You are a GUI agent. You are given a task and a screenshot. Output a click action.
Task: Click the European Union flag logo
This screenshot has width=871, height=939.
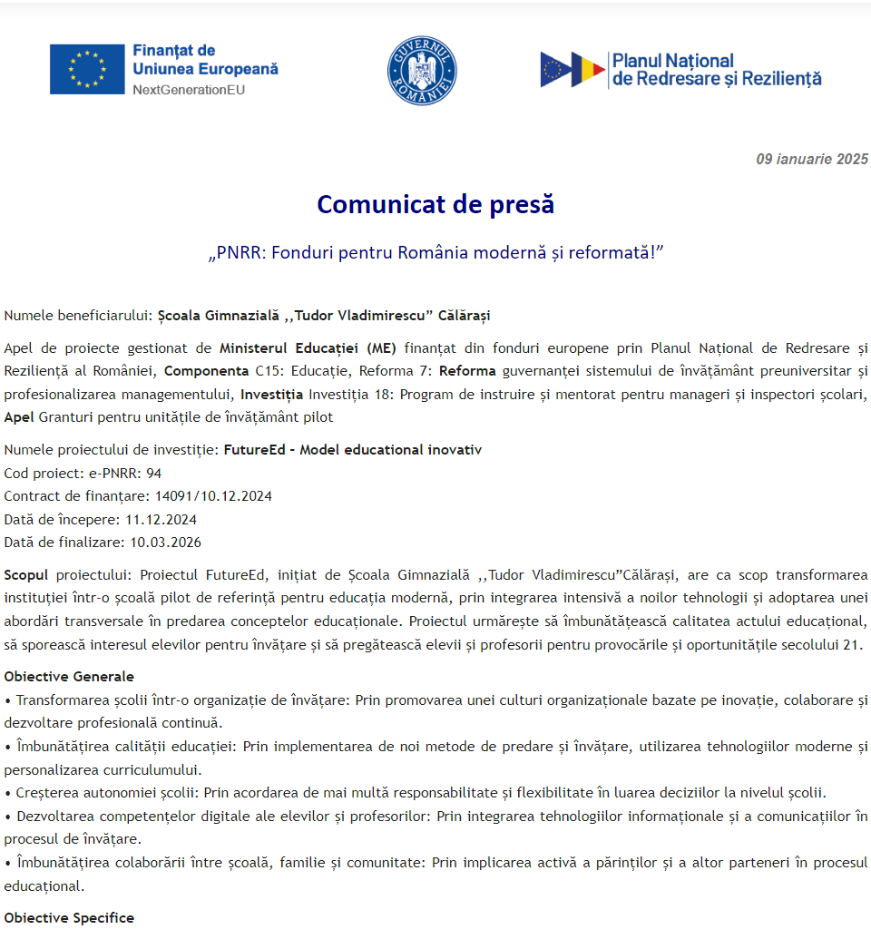(87, 69)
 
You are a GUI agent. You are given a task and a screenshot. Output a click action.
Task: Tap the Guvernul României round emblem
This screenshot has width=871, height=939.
(422, 70)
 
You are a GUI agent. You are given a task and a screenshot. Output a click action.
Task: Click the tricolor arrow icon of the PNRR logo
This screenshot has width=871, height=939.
(573, 70)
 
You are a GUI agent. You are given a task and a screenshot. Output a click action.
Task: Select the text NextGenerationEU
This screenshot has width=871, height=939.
(188, 90)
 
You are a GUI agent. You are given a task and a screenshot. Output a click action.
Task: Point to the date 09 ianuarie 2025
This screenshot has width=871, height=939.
(812, 160)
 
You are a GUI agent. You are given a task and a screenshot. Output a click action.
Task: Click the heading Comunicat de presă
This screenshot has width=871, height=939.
(435, 205)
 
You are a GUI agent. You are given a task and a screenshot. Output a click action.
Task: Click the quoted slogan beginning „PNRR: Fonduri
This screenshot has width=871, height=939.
(435, 251)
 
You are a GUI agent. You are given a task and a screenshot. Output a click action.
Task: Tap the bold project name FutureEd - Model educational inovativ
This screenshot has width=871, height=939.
(353, 450)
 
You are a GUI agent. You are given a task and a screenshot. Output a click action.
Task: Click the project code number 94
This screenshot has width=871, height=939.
(153, 473)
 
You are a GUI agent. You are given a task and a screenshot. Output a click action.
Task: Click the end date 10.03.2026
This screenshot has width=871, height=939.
(165, 543)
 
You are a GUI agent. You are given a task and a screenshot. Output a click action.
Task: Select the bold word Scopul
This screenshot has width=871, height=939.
(26, 575)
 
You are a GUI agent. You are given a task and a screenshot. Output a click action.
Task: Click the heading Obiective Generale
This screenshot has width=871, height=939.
(69, 676)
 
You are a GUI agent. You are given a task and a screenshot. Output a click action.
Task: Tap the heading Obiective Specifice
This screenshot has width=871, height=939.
(69, 917)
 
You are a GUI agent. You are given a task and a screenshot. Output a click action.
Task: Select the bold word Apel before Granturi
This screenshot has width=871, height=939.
(19, 417)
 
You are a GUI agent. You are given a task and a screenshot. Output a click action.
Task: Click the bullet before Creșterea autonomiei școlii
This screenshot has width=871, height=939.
(8, 792)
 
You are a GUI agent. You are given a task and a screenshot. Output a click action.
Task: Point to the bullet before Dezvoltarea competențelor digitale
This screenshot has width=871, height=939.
(8, 816)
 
